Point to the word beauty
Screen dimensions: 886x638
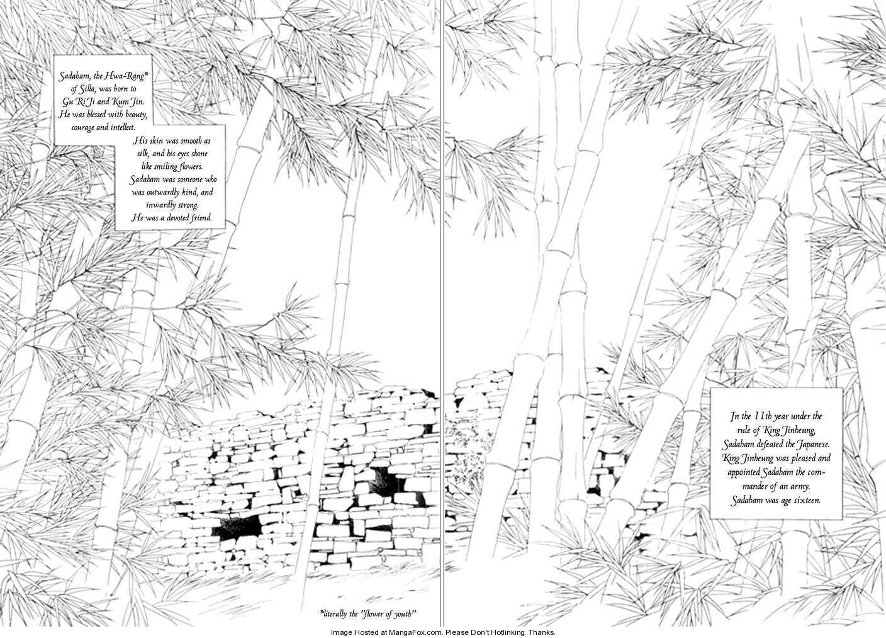coord(137,115)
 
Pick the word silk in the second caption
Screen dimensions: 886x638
coord(143,154)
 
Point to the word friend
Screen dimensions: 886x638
coord(201,218)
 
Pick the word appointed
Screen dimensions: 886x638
coord(743,472)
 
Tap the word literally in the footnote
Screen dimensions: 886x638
coord(334,614)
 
